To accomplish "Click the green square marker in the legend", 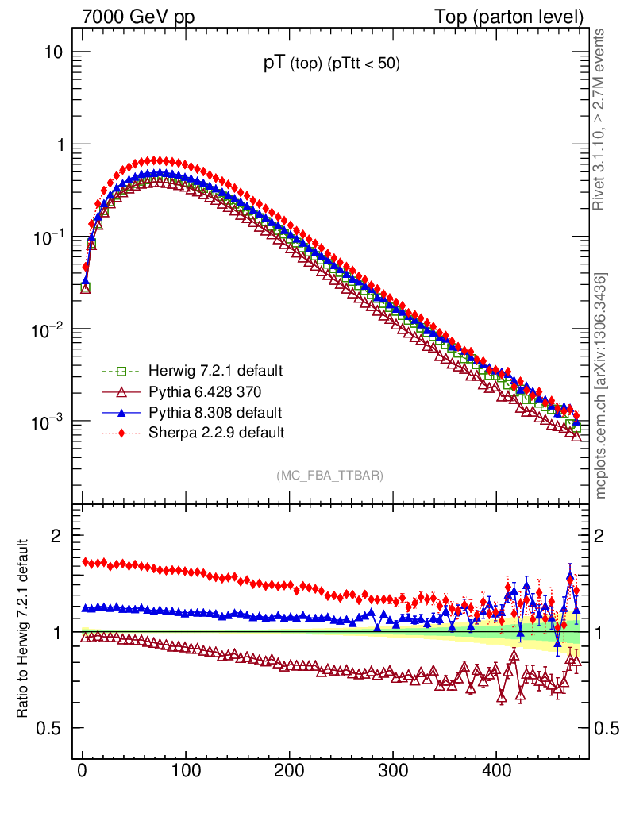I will coord(121,371).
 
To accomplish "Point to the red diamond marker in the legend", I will coord(121,433).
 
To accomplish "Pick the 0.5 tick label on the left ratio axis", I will coord(49,728).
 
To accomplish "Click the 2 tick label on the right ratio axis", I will coord(606,535).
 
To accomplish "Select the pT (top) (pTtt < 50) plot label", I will coord(332,65).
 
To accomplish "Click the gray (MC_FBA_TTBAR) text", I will coord(330,476).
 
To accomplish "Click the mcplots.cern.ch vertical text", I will coord(601,385).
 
